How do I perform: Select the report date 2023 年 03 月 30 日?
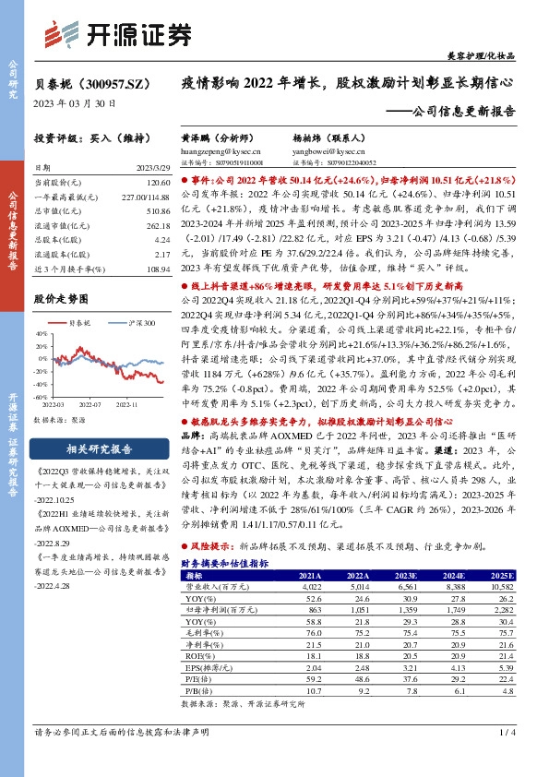pos(74,103)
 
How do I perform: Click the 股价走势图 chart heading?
pos(62,299)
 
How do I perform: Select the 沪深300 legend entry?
pos(129,324)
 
